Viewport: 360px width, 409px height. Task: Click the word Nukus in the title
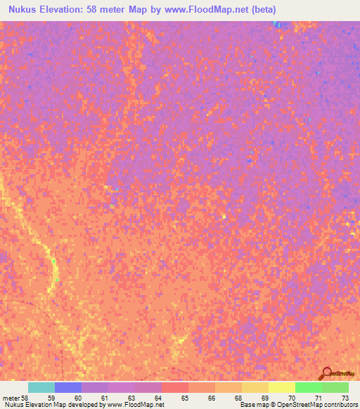coord(20,10)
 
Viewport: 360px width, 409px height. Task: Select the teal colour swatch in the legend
coord(41,387)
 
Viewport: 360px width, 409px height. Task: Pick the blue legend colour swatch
coord(68,387)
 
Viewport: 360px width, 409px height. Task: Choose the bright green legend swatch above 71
coord(309,387)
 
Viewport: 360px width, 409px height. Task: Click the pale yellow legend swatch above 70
coord(282,387)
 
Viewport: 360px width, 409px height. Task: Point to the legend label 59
coord(51,397)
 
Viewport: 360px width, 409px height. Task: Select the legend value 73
coord(346,397)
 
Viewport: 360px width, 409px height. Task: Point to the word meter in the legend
coord(11,397)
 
